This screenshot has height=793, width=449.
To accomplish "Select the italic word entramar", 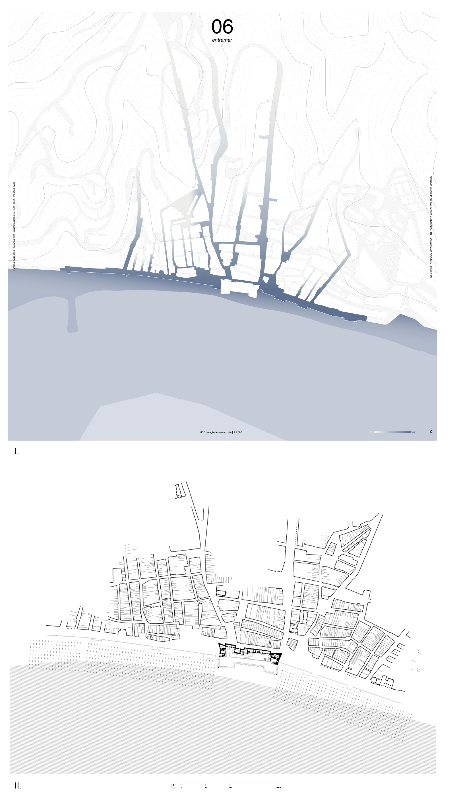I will (222, 40).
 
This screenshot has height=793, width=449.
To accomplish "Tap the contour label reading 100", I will (332, 33).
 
